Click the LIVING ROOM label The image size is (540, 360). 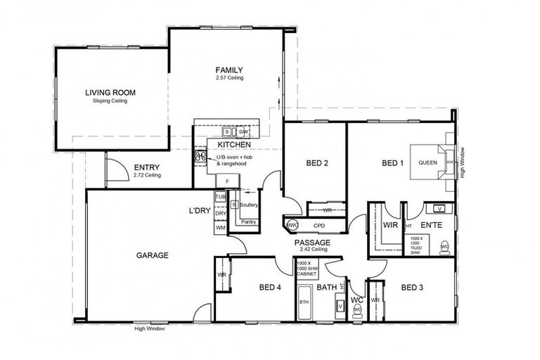tap(110, 92)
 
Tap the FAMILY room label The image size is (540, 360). tap(229, 70)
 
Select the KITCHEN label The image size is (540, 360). tap(235, 144)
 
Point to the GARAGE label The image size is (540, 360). tap(152, 255)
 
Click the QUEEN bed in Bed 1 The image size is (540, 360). tap(427, 162)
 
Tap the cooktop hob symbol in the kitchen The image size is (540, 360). tap(200, 158)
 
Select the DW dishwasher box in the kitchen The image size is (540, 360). tap(243, 131)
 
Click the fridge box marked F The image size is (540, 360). tap(227, 182)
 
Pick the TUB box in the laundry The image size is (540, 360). tap(221, 197)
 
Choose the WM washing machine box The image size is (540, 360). tap(221, 228)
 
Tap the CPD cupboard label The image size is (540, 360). tap(319, 226)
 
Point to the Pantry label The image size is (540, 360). tap(247, 222)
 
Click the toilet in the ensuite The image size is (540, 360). tap(444, 247)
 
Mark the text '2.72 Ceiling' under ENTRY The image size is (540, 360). tap(148, 175)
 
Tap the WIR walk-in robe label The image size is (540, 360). tap(391, 225)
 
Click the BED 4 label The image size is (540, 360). tap(270, 287)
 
